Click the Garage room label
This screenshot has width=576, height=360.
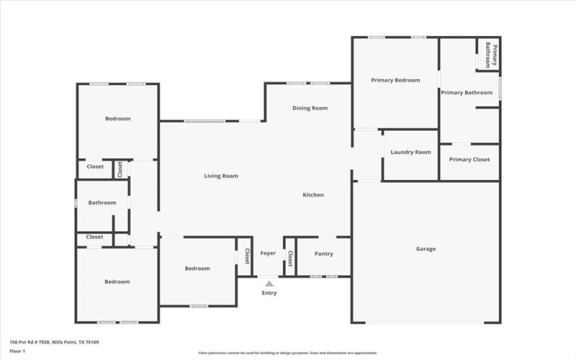(x=426, y=249)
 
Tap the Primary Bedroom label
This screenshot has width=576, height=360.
(x=395, y=80)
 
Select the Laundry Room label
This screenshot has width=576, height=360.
(x=410, y=152)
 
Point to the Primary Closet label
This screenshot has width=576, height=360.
(x=469, y=159)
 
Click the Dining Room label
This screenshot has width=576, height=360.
(x=310, y=108)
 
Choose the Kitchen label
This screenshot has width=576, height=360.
(x=312, y=195)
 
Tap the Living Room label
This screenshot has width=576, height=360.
(x=221, y=176)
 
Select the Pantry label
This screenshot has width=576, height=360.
(x=324, y=253)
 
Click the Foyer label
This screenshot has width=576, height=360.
(x=268, y=253)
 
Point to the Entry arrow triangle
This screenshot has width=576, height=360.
(x=269, y=284)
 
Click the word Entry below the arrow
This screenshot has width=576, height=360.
(x=269, y=293)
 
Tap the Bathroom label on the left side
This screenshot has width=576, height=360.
(x=102, y=203)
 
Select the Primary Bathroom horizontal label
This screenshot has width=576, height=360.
(x=467, y=92)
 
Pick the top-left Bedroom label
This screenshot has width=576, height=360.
(x=118, y=119)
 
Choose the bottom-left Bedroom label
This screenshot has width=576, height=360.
(x=117, y=282)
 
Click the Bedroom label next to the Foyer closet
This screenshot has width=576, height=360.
(x=197, y=269)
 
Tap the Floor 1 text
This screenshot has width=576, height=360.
(x=17, y=351)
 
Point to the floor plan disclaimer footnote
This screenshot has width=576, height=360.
(x=288, y=354)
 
